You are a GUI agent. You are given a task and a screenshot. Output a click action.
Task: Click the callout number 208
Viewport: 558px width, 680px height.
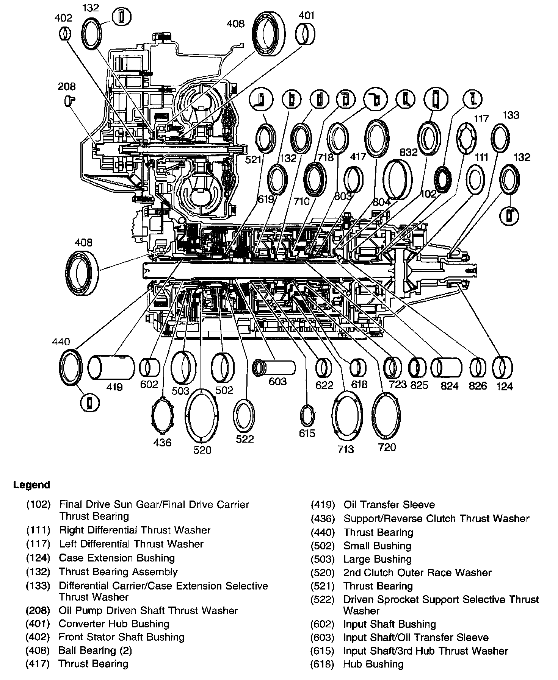point(66,87)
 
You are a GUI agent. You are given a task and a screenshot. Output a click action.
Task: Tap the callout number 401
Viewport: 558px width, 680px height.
point(306,16)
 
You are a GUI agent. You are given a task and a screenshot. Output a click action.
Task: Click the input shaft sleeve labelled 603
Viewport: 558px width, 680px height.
point(274,367)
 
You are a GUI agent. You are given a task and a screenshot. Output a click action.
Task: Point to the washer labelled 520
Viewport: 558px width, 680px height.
point(202,415)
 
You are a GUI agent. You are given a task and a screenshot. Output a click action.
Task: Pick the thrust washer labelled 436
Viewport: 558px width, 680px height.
point(162,416)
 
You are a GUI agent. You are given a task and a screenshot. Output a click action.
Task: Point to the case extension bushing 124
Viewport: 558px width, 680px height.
point(503,368)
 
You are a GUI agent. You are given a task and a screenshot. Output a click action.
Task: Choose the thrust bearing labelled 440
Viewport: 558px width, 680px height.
point(71,367)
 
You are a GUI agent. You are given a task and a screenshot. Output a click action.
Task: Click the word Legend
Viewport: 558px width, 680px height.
point(31,485)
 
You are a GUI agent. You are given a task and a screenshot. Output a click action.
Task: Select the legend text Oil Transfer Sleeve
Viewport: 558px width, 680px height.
point(389,505)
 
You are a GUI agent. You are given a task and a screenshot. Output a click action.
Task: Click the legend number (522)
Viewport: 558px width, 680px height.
point(322,600)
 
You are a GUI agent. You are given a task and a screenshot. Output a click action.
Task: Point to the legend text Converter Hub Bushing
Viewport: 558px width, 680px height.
point(114,624)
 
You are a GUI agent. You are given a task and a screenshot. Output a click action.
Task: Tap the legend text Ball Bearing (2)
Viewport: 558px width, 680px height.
point(95,650)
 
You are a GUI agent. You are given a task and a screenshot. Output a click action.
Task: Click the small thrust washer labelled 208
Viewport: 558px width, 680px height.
point(70,100)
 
